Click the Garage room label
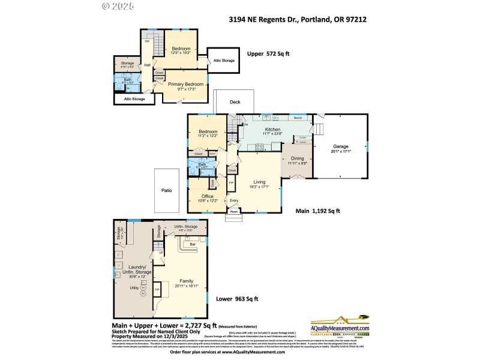coord(340,146)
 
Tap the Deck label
coord(235,102)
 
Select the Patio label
coord(166,190)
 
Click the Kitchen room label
coord(273,130)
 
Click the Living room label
coord(259,182)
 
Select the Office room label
coord(208,196)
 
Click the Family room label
coord(187,280)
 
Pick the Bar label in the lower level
coord(193,245)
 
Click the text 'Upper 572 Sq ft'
coord(268,54)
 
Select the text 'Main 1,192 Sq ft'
coord(318,211)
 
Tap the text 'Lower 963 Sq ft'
coord(237,299)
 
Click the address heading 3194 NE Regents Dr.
coord(298,19)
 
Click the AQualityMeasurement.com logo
coord(339,327)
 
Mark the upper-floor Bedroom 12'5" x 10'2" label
coord(181,50)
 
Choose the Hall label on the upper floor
coord(147,65)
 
